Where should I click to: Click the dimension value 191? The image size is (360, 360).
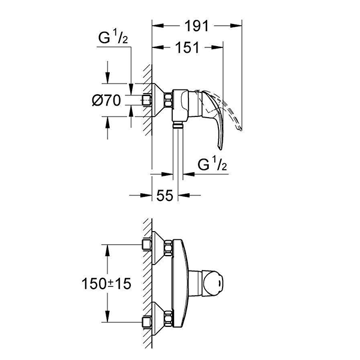(x=196, y=26)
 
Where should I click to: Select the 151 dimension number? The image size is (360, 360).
(x=188, y=49)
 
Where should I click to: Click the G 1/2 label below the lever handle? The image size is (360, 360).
(x=212, y=164)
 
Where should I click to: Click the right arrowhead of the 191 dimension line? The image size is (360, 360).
(x=241, y=26)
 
